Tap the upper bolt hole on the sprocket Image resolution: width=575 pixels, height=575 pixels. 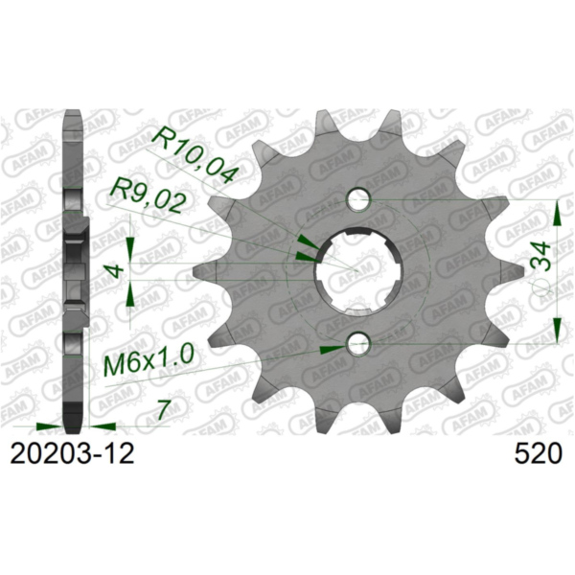click(x=358, y=200)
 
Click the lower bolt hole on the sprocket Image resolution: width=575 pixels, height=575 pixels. click(x=358, y=344)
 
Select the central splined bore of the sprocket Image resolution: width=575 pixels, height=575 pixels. click(x=357, y=271)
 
